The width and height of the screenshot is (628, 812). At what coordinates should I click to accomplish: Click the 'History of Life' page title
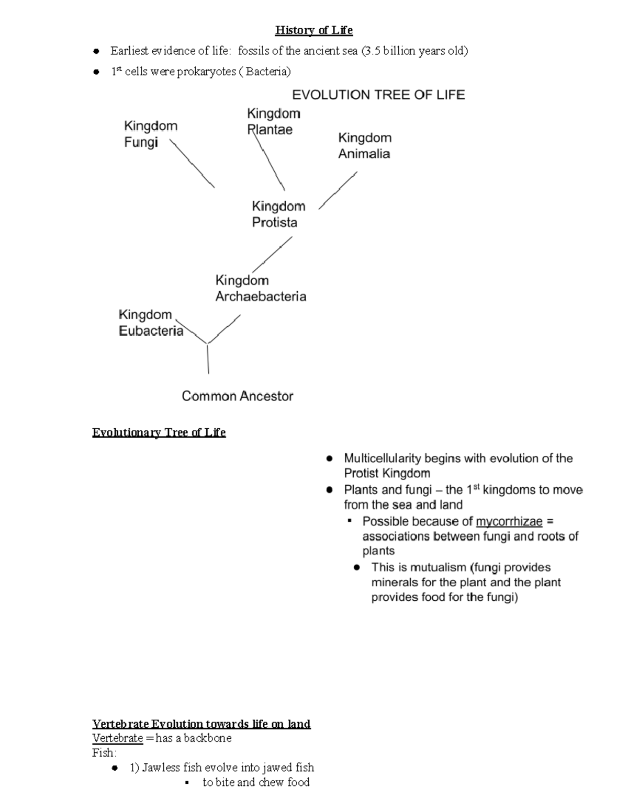pyautogui.click(x=314, y=30)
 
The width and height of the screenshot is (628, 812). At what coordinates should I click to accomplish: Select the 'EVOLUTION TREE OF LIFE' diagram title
pyautogui.click(x=378, y=95)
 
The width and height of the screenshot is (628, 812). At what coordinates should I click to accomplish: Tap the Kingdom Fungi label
pyautogui.click(x=150, y=134)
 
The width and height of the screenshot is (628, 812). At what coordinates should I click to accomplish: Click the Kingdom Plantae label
pyautogui.click(x=273, y=121)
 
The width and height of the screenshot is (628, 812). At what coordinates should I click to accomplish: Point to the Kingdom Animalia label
pyautogui.click(x=364, y=145)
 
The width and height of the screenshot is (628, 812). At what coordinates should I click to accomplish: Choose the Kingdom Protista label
pyautogui.click(x=278, y=214)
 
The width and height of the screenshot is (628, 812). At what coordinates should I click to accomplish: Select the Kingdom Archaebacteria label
pyautogui.click(x=260, y=289)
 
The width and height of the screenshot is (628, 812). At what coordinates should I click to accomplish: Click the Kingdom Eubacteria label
pyautogui.click(x=150, y=323)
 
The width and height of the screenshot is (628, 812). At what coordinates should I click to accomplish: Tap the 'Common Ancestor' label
pyautogui.click(x=237, y=396)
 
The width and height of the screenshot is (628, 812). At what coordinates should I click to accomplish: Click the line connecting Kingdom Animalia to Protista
pyautogui.click(x=338, y=191)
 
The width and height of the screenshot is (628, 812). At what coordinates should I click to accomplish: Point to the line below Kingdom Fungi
pyautogui.click(x=193, y=164)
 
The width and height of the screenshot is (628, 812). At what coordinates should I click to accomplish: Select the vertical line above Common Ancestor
pyautogui.click(x=208, y=359)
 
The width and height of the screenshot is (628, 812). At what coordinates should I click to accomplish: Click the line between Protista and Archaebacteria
pyautogui.click(x=272, y=255)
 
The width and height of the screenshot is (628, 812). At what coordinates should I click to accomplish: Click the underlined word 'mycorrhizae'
pyautogui.click(x=509, y=521)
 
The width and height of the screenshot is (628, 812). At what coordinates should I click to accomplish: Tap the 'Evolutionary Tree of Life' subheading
pyautogui.click(x=159, y=432)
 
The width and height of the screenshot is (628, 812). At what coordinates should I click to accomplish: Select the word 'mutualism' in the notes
pyautogui.click(x=438, y=567)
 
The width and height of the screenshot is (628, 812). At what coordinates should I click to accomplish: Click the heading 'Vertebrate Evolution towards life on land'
pyautogui.click(x=201, y=724)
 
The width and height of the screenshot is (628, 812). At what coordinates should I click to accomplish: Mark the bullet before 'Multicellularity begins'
pyautogui.click(x=329, y=459)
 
